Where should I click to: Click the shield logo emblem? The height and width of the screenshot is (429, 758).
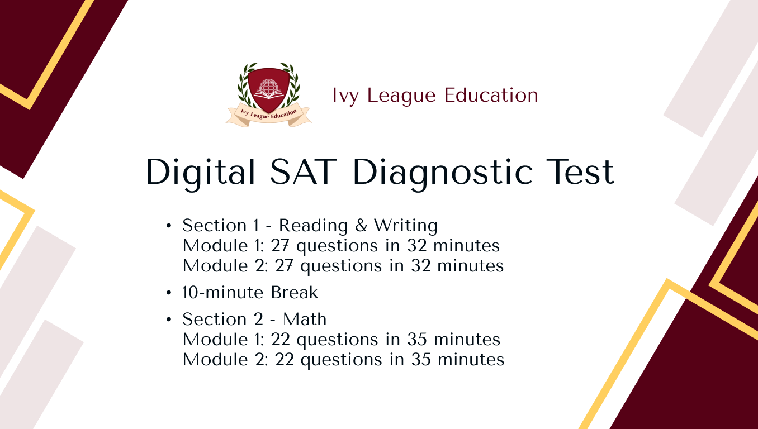click(268, 88)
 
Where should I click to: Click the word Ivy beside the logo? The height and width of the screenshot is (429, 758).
click(344, 96)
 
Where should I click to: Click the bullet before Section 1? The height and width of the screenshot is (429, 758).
click(169, 226)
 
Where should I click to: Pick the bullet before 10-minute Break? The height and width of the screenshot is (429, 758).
click(169, 293)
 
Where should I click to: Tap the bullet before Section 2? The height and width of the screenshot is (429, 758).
click(169, 320)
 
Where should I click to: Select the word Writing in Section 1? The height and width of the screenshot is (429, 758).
click(406, 226)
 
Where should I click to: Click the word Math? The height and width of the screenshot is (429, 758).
click(305, 319)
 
